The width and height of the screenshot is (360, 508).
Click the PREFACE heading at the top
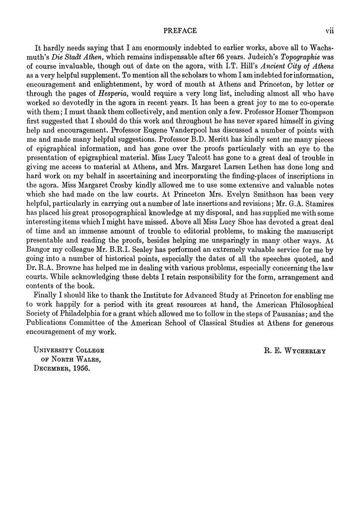point(180,31)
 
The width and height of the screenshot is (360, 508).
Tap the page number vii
point(329,31)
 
